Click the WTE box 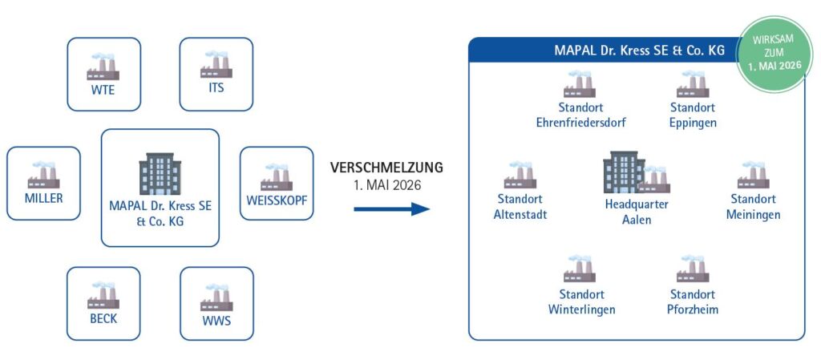coord(103,74)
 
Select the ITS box coord(216,74)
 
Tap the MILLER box coord(43,183)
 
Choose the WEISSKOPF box coord(277,183)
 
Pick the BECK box coord(103,303)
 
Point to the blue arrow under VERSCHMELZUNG coord(391,209)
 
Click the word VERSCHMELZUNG coord(386,168)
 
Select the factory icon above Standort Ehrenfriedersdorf coord(580,84)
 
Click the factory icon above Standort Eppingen coord(693,84)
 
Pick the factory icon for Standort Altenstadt coord(520,174)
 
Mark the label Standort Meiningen coord(753,207)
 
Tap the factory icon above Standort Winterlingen coord(580,269)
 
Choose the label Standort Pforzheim coord(693,301)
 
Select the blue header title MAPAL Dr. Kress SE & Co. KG coord(639,51)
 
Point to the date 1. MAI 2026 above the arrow coord(386,185)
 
